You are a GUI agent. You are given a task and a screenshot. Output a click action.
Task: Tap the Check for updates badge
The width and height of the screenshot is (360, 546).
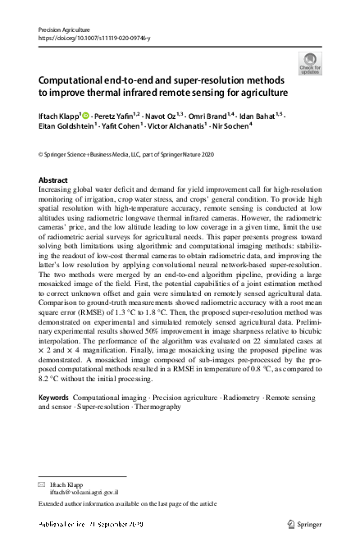310,62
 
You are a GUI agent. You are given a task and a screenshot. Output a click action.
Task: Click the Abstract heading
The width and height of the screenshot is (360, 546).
53,180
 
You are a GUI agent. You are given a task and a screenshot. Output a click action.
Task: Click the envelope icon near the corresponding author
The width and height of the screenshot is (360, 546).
42,485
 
